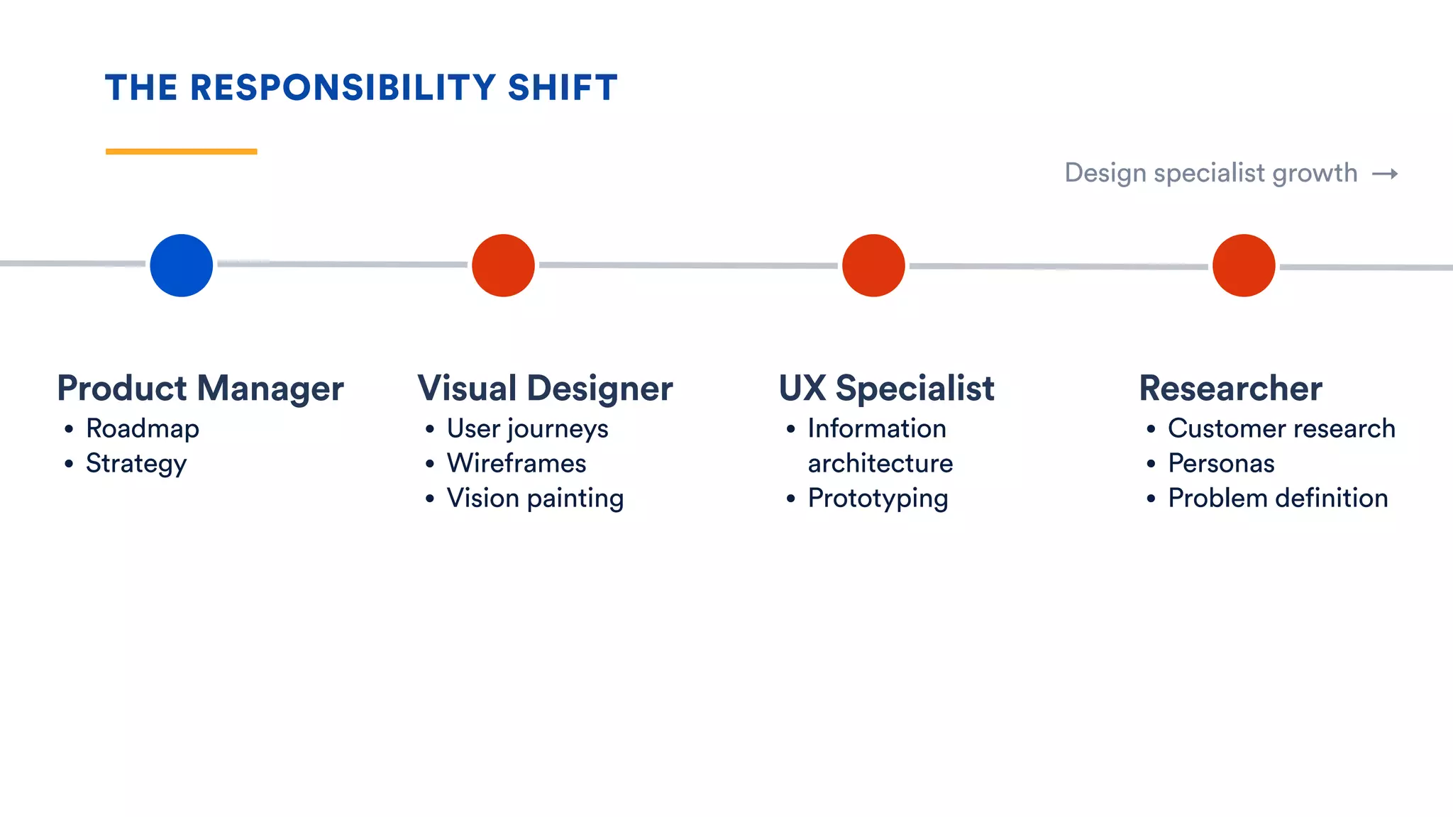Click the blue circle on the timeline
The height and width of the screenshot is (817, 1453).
(182, 265)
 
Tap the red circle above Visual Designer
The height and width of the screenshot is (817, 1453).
(503, 265)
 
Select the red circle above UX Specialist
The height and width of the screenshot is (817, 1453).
(873, 265)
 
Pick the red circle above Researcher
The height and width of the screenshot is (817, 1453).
(1244, 265)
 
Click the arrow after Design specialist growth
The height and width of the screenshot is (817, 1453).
(1385, 174)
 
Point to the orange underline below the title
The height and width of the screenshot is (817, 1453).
(182, 151)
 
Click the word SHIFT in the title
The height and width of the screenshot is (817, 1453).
(563, 88)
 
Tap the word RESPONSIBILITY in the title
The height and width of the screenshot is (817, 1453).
(343, 88)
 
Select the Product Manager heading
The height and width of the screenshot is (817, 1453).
(201, 389)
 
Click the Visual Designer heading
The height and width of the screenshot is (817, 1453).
(546, 389)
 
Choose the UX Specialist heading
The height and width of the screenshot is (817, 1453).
(887, 389)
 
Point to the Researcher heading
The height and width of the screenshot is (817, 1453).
(1231, 389)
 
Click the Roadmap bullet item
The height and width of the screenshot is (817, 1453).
(143, 428)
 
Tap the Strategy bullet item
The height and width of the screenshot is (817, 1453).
(136, 464)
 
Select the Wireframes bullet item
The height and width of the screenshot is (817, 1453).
(516, 463)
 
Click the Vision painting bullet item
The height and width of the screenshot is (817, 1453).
(535, 499)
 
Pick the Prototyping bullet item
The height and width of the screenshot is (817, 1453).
(878, 499)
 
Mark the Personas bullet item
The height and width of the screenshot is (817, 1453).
(1221, 463)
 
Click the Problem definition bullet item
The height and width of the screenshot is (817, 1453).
(1278, 498)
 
